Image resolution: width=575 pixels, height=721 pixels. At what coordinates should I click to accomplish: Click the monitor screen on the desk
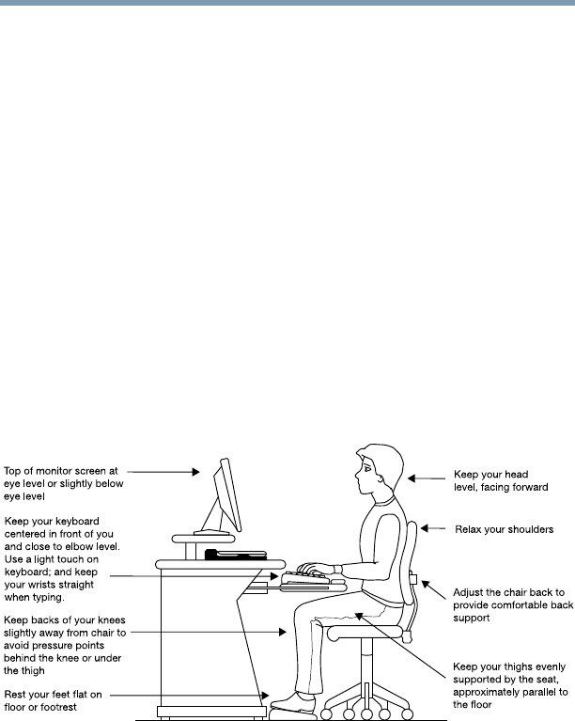(x=227, y=494)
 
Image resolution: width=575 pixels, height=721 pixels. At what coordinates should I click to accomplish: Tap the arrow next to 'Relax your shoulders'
(x=433, y=529)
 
